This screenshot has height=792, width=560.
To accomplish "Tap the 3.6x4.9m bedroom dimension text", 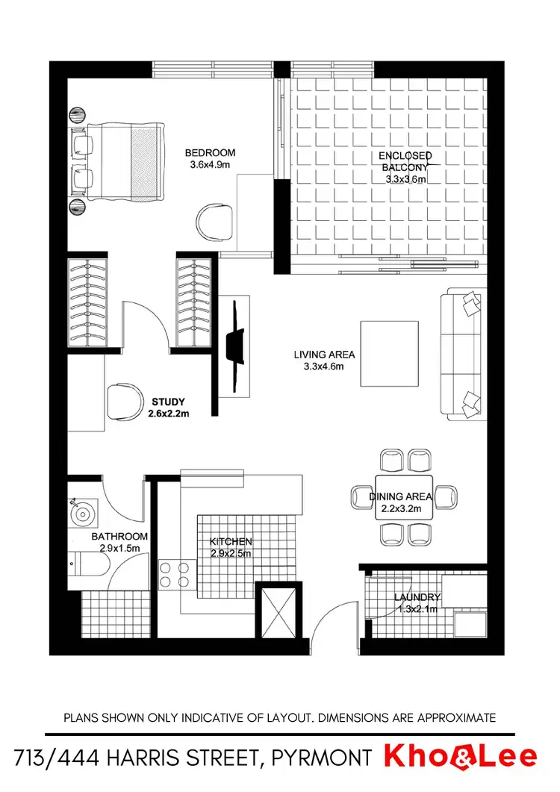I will coord(210,165).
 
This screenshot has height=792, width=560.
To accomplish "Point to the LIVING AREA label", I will coord(324,355).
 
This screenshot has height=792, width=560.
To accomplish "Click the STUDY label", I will coord(168,401).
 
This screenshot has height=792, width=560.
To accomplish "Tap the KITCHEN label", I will coord(230,541).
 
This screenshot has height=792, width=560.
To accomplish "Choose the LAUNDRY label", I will coord(417,597).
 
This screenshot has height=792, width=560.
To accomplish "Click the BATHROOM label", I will coord(119,536).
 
